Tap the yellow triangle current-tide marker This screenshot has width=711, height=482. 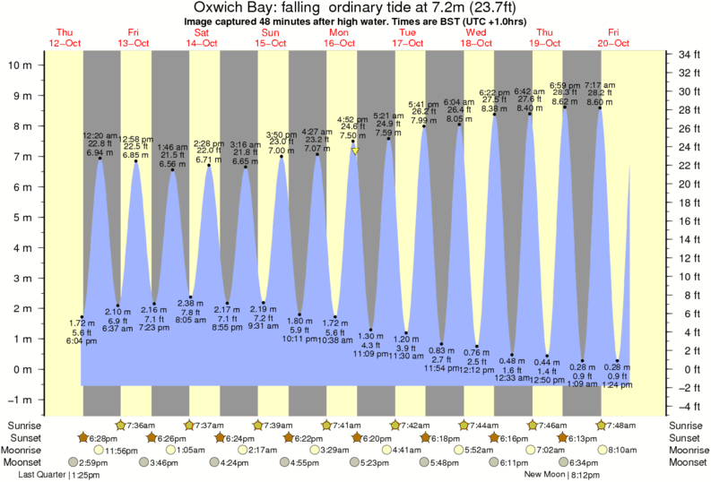point(355,151)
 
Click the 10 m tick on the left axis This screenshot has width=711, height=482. point(22,65)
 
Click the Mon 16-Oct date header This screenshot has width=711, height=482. point(339,38)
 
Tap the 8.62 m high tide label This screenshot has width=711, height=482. point(565,102)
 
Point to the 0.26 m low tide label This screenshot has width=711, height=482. point(583,366)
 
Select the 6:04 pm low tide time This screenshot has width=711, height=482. point(81,341)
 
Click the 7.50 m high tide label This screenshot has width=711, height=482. point(353,135)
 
